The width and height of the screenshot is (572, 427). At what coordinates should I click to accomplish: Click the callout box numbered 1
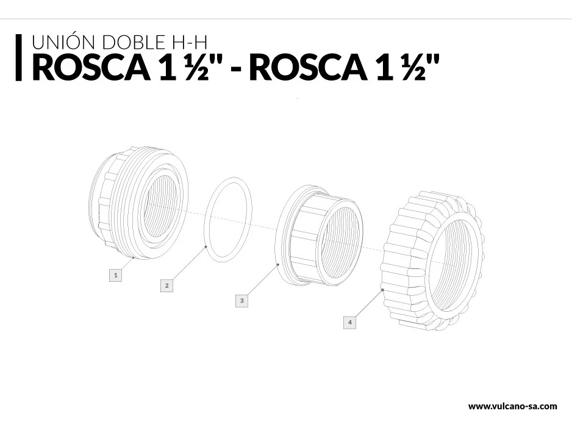(x=116, y=275)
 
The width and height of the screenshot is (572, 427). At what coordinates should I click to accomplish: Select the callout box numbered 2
(x=166, y=285)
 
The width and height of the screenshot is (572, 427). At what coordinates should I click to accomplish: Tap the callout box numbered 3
(x=241, y=301)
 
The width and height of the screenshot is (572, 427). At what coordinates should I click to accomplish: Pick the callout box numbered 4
(x=350, y=322)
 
